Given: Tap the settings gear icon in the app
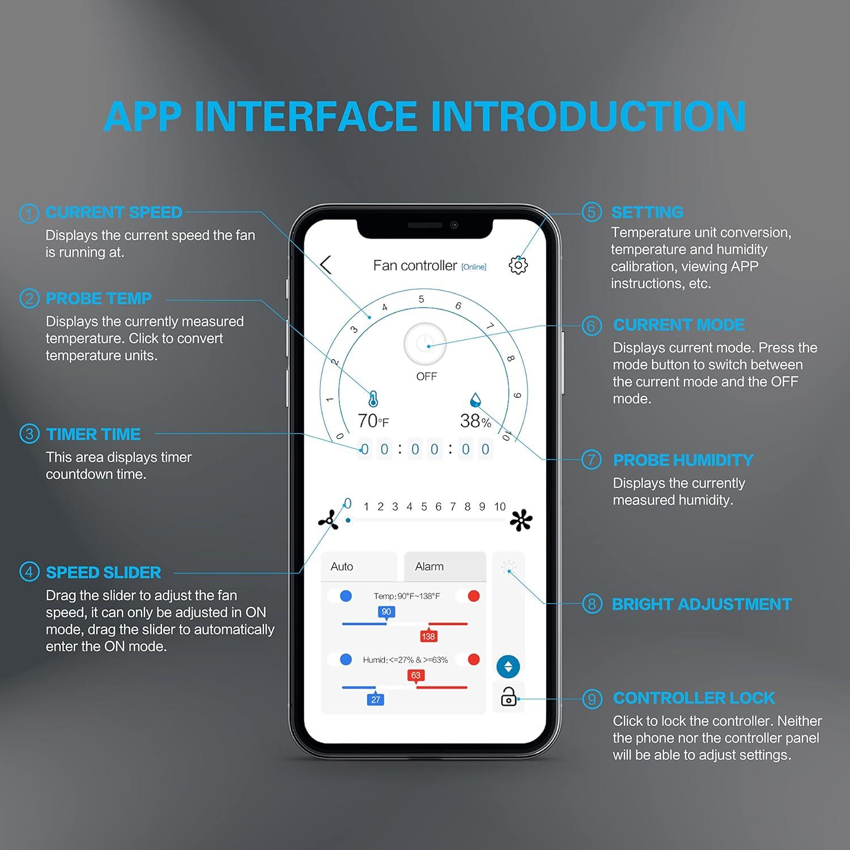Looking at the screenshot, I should (518, 265).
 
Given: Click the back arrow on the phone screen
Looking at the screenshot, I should (326, 265).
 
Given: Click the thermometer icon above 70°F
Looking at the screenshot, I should (373, 399).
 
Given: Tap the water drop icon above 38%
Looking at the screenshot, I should (475, 400).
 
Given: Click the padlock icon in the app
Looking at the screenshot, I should (508, 696).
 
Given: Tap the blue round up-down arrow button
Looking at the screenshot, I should (508, 667).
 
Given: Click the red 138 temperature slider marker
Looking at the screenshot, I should (428, 636).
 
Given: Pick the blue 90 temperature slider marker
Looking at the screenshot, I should (386, 612).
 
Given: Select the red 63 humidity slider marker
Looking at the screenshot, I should (416, 675).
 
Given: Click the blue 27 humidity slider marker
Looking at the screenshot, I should (376, 700).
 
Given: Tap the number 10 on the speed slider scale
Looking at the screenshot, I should (499, 507).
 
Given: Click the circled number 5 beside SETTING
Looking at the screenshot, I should (592, 212).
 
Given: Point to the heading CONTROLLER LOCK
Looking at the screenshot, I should (694, 698).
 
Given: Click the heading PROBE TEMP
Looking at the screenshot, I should (99, 299).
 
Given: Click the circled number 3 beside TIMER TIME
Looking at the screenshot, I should (29, 434).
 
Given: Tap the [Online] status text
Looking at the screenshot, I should (474, 267).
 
